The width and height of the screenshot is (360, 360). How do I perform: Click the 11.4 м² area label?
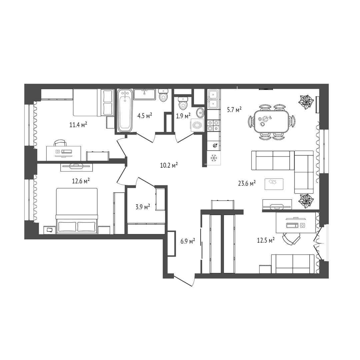[78, 125]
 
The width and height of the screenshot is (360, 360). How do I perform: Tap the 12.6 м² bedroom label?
[81, 181]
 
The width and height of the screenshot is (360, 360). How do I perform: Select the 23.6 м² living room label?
[247, 183]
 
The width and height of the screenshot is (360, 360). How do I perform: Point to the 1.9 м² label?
[183, 116]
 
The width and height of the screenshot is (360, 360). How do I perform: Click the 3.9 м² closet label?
[143, 207]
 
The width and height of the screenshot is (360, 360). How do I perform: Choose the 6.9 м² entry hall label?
[188, 241]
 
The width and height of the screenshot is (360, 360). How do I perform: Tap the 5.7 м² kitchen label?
[234, 110]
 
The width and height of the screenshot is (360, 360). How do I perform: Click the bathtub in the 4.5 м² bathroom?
[125, 110]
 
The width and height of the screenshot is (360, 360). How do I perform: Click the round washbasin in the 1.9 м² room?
[200, 112]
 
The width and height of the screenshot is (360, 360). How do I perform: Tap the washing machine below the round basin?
[197, 125]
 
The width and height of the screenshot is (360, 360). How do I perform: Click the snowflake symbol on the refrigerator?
[214, 158]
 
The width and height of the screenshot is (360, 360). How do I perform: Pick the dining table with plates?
[272, 121]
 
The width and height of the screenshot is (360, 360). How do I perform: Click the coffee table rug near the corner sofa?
[274, 184]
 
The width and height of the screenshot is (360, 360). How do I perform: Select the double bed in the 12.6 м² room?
[77, 211]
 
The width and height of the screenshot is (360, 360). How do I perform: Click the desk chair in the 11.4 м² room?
[60, 143]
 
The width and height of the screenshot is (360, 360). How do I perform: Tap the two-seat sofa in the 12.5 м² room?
[293, 264]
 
